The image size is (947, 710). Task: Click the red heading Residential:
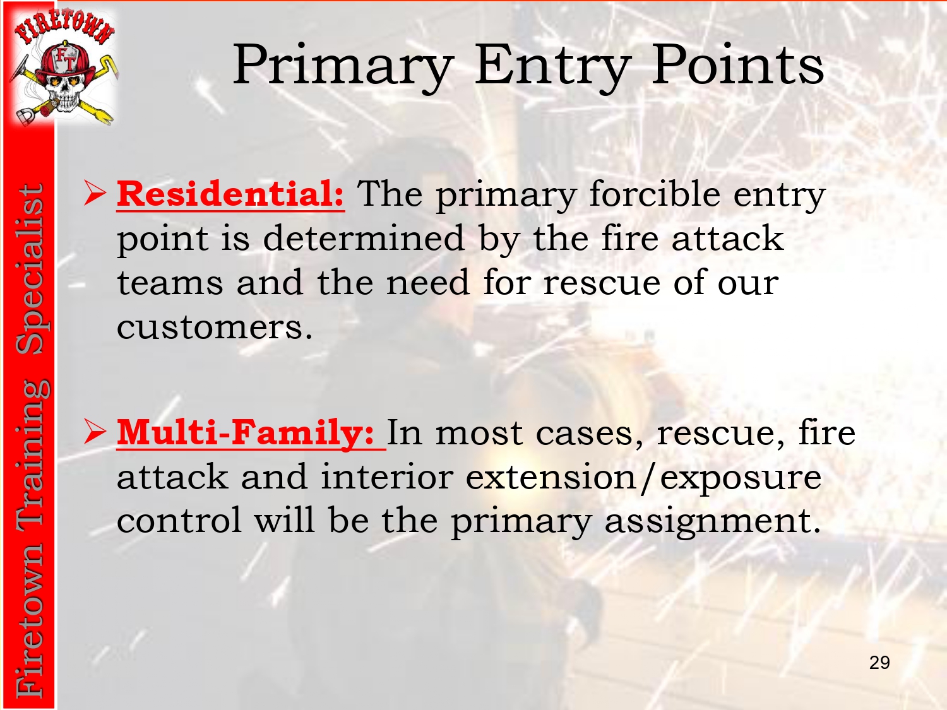coord(230,194)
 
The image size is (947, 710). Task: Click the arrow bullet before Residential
coord(95,193)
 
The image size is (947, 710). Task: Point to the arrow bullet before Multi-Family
coord(95,431)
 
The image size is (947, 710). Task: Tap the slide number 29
coord(879,663)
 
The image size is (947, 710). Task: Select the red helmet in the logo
coord(65,62)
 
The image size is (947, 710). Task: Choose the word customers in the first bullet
coord(215,327)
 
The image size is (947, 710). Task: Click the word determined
coord(364,238)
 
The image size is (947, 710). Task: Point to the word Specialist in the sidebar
coord(30,269)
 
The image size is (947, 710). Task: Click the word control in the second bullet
coord(179,520)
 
